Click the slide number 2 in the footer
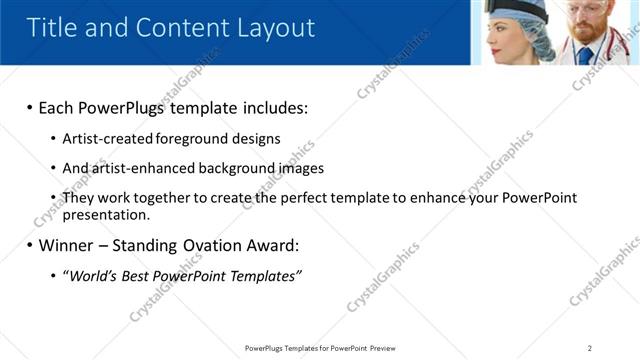pyautogui.click(x=590, y=348)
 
